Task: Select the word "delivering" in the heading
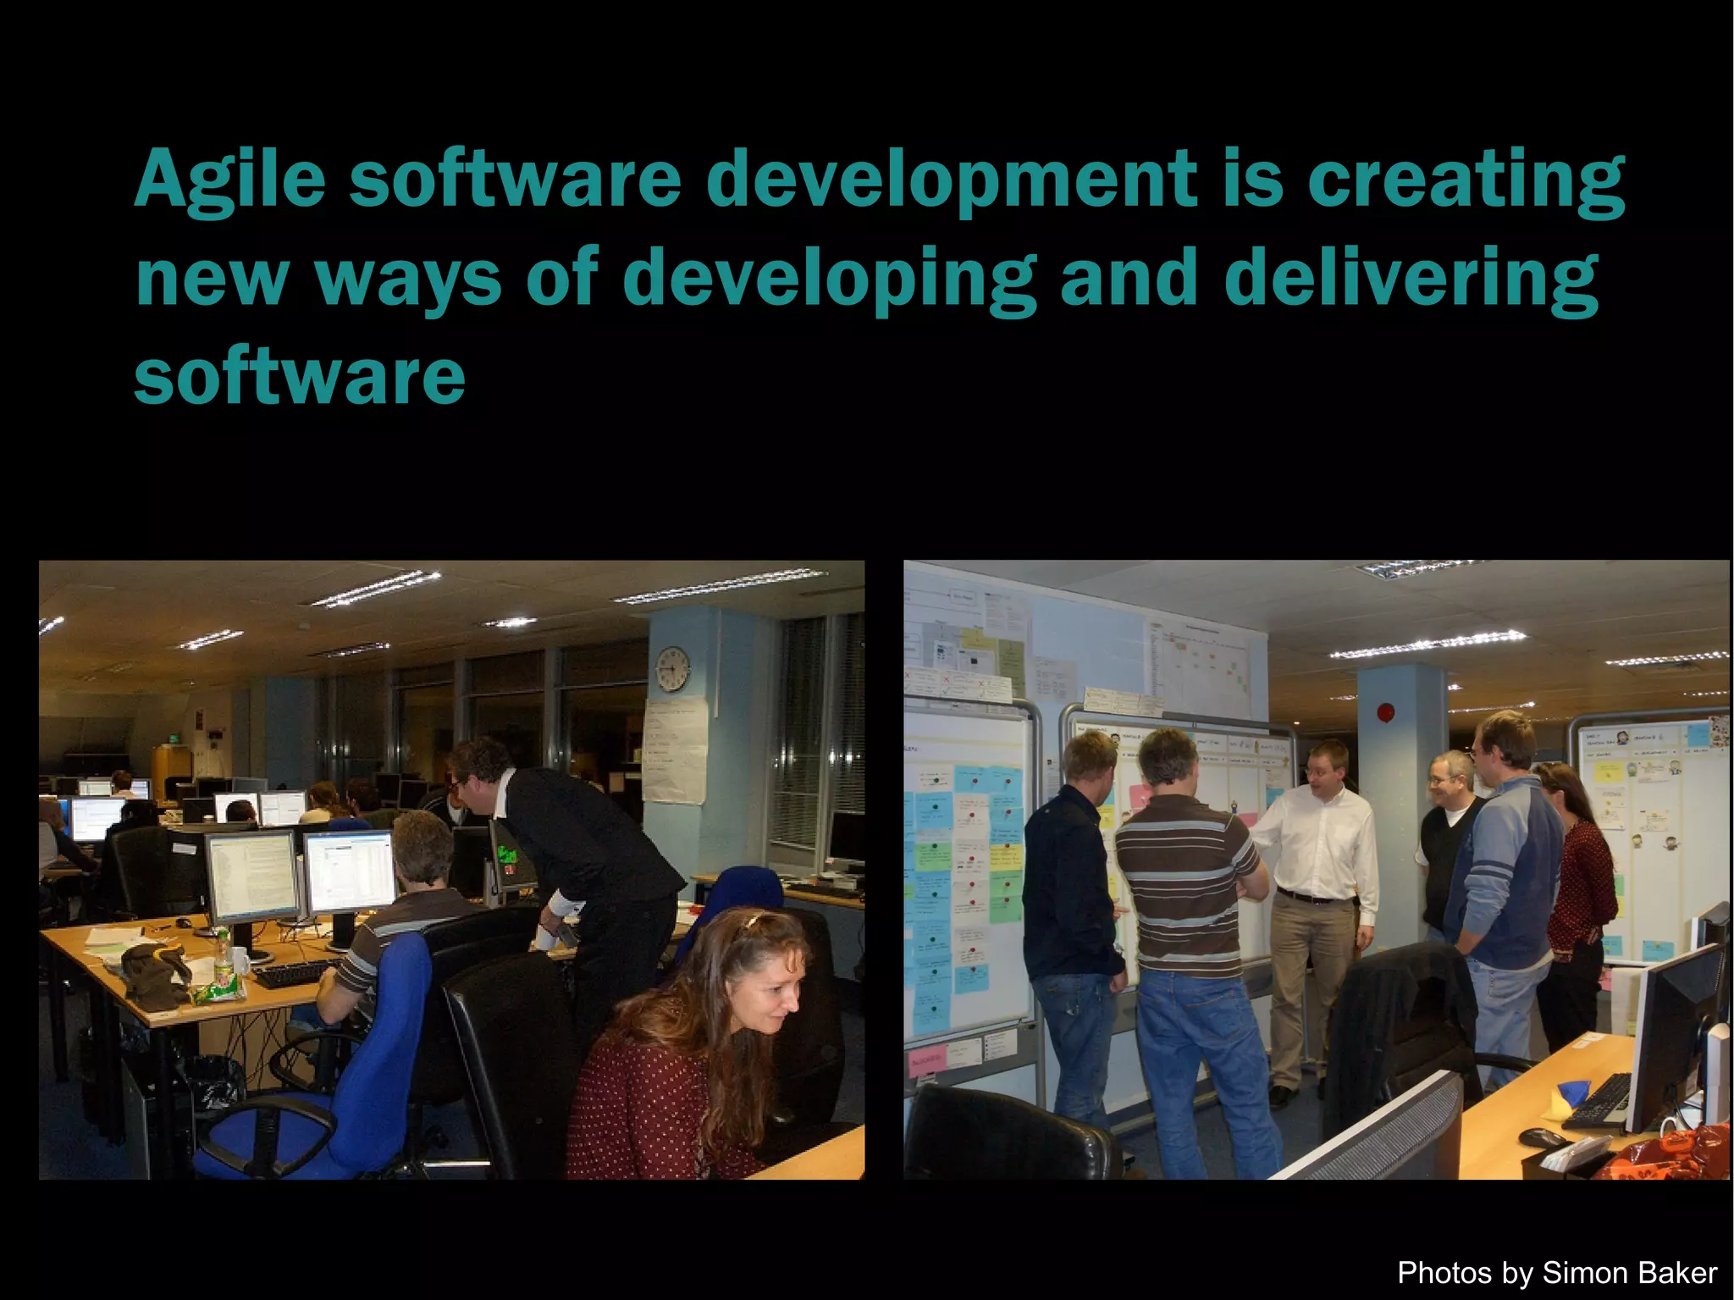coord(1411,279)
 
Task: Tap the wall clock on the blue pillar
coord(672,668)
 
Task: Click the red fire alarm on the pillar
coord(1386,713)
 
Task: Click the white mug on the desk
coord(240,961)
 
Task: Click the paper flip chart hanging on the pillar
coord(675,750)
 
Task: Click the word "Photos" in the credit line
coord(1444,1273)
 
